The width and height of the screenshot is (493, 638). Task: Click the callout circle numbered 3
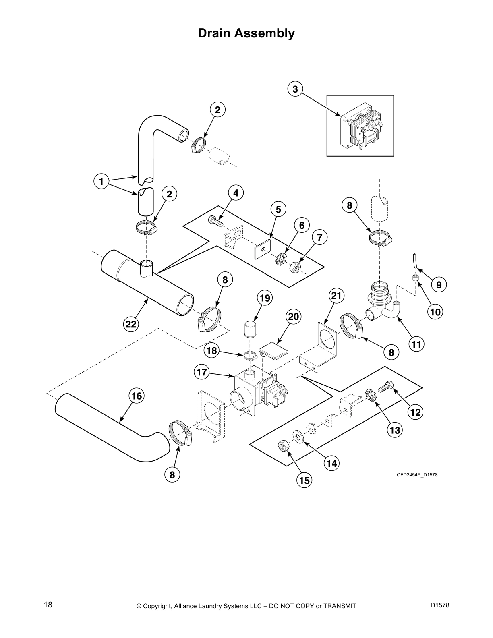(x=295, y=89)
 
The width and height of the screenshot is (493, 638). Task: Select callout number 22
(x=131, y=324)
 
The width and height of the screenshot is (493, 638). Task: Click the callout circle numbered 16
(x=137, y=396)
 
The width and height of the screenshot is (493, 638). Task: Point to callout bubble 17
(x=202, y=372)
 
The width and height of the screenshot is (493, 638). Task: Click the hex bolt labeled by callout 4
(x=214, y=220)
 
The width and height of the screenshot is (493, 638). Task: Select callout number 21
(x=336, y=296)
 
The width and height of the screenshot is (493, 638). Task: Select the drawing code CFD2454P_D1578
(x=417, y=475)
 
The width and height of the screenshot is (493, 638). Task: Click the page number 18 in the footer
(x=48, y=605)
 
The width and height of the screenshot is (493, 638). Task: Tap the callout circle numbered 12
(x=415, y=412)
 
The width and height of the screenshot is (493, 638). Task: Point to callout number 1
(x=101, y=182)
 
